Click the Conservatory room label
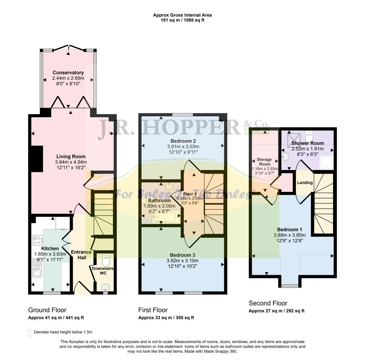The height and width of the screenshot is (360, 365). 68,73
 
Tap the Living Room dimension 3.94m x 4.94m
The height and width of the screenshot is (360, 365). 71,162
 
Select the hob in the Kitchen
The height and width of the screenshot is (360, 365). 37,240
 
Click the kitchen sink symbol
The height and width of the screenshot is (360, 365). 36,268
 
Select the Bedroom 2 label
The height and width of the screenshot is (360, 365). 183,141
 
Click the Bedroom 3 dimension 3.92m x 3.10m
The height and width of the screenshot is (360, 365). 182,261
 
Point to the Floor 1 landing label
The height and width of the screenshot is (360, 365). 190,194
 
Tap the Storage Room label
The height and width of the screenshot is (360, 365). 264,162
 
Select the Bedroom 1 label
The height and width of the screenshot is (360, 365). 289,229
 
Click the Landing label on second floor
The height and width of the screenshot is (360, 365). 305,183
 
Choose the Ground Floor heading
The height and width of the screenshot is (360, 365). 47,310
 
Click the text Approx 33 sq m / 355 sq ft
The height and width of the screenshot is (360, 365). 166,318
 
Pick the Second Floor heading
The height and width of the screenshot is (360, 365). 268,303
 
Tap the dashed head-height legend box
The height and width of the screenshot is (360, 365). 30,333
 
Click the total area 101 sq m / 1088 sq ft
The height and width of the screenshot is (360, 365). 182,20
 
